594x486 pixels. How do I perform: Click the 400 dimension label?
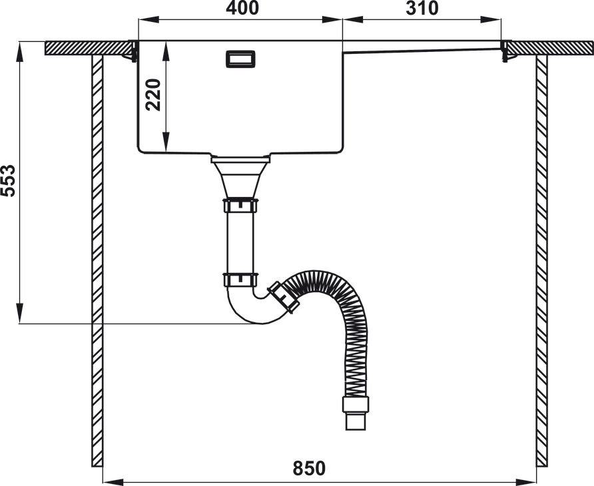tap(242, 8)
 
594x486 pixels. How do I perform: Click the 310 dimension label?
tap(422, 8)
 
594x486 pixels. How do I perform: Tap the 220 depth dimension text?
tap(153, 95)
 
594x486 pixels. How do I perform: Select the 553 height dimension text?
tap(8, 180)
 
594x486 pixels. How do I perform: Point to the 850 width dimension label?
tap(309, 468)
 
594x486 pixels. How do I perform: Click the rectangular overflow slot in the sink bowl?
tap(240, 59)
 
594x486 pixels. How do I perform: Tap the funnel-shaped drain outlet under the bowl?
tap(240, 178)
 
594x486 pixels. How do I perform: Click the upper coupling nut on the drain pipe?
tap(240, 205)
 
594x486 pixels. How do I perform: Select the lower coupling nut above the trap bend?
tap(240, 280)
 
